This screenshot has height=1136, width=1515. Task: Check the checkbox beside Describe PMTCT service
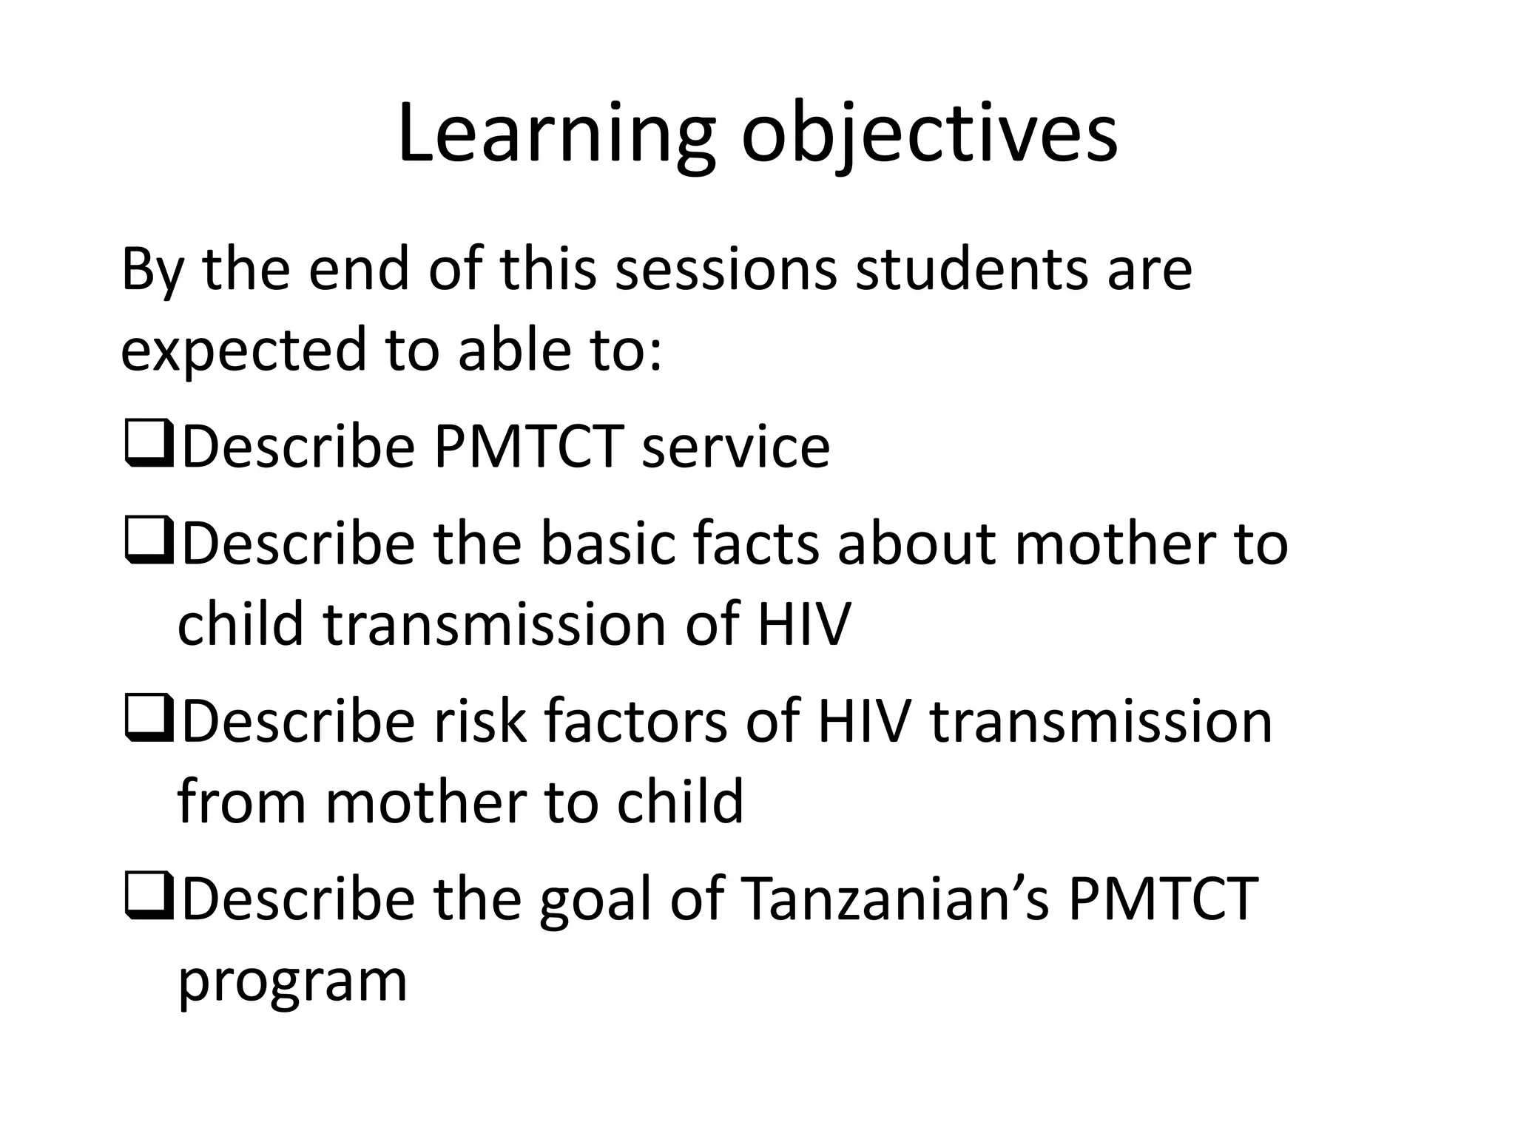(149, 446)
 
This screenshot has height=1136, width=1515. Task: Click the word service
(736, 447)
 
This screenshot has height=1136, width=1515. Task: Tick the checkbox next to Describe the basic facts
(149, 542)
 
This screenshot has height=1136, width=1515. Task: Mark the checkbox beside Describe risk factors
(149, 720)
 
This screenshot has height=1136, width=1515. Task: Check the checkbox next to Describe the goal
(149, 897)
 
